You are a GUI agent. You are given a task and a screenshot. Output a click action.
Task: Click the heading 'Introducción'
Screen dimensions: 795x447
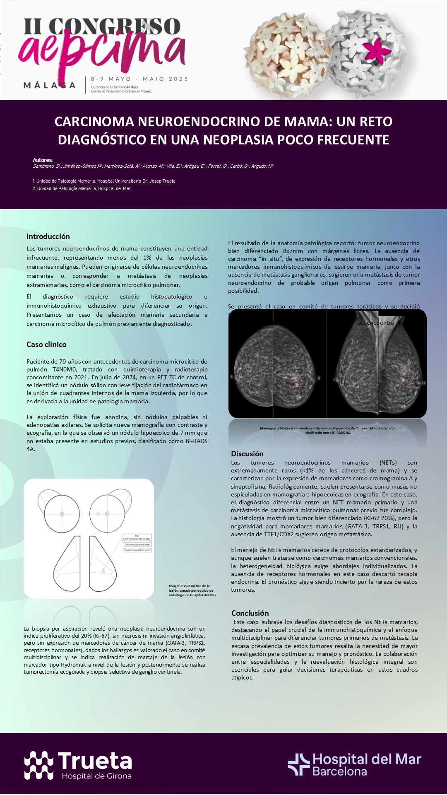pos(48,236)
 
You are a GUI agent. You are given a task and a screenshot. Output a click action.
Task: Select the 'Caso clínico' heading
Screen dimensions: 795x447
pos(46,344)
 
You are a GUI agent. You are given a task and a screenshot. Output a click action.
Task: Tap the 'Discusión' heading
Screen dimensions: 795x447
pos(247,454)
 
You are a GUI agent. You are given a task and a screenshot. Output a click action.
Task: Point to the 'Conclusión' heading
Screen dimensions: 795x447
pos(250,613)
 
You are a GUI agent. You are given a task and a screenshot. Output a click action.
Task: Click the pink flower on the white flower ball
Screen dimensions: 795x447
pos(376,50)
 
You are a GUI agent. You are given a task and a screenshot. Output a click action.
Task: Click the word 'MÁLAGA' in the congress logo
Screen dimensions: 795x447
pos(49,86)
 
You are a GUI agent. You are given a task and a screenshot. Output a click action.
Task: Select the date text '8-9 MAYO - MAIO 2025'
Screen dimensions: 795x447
pos(139,79)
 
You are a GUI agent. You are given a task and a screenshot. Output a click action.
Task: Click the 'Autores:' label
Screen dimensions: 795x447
pos(43,160)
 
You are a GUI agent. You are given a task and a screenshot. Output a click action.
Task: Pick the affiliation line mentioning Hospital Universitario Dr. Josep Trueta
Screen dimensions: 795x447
pos(104,181)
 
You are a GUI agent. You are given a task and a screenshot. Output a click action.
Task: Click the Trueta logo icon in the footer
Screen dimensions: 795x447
pos(38,765)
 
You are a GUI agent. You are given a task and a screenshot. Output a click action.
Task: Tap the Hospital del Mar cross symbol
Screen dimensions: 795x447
pos(298,764)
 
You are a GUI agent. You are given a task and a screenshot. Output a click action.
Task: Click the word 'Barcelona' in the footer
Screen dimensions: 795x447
pos(339,771)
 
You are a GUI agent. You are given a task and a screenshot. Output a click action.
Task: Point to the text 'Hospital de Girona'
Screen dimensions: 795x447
pos(96,776)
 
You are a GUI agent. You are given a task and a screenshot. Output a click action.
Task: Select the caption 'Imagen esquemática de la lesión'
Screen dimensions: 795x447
pos(192,590)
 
